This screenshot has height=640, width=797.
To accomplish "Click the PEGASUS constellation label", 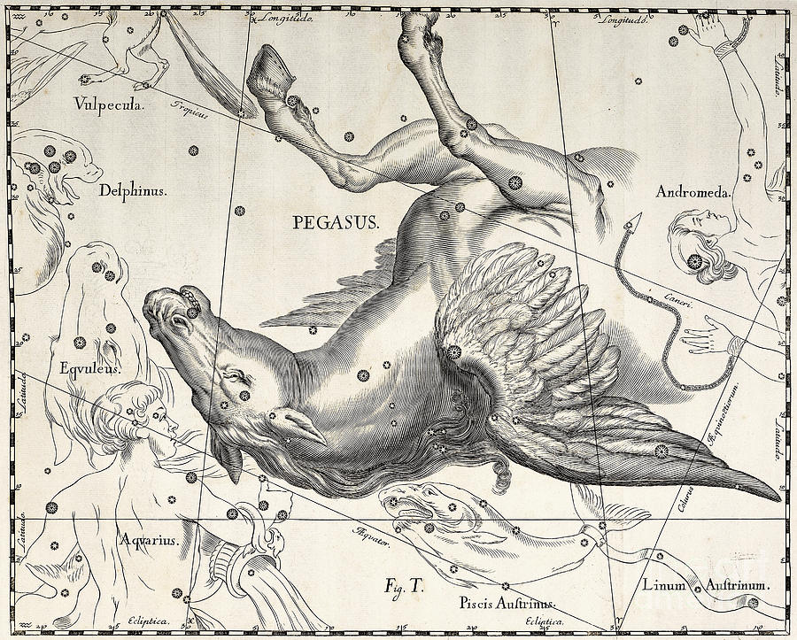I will point(336,222).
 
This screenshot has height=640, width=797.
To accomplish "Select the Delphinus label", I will point(135,189).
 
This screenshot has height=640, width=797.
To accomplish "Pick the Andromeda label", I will point(693,191).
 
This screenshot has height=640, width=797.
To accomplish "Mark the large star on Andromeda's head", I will point(694,260).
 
